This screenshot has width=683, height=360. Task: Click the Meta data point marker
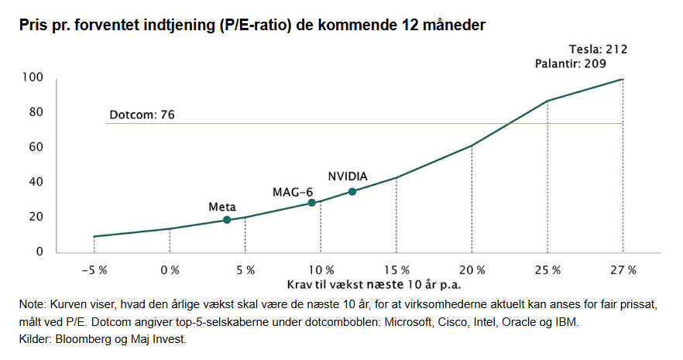[x=227, y=220]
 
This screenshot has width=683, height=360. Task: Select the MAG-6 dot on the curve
[x=312, y=203]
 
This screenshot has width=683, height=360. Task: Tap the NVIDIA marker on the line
[x=352, y=191]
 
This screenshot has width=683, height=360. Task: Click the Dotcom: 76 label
[x=141, y=115]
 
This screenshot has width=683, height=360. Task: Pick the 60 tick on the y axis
[x=36, y=147]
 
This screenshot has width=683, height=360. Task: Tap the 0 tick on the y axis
[x=39, y=252]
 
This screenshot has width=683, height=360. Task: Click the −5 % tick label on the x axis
[x=94, y=270]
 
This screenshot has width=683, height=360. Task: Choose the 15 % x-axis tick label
[x=396, y=270]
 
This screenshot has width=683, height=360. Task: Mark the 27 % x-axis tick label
[x=623, y=270]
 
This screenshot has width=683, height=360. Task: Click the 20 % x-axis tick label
[x=472, y=270]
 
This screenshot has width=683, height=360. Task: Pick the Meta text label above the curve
[x=222, y=207]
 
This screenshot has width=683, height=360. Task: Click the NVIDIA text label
[x=348, y=175]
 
